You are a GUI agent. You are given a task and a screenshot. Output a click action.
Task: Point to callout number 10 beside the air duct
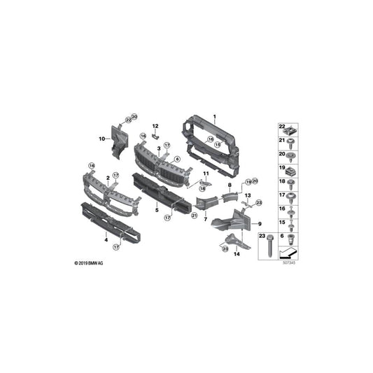pyautogui.click(x=101, y=139)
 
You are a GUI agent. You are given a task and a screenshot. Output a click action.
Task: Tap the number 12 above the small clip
pyautogui.click(x=155, y=125)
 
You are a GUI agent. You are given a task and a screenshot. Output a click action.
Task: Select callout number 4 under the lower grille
pyautogui.click(x=106, y=239)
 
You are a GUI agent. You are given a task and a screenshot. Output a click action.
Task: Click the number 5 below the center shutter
pyautogui.click(x=157, y=209)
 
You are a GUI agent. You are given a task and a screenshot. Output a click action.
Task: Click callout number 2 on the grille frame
pyautogui.click(x=108, y=178)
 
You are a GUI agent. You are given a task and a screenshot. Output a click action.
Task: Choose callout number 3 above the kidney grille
pyautogui.click(x=159, y=149)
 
